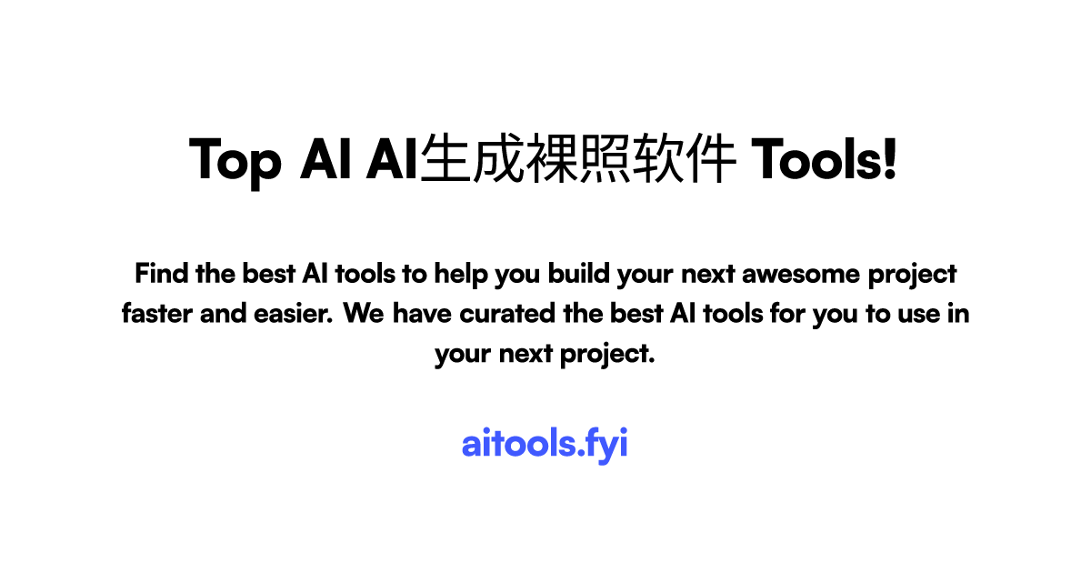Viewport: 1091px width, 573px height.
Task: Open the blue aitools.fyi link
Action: [x=545, y=444]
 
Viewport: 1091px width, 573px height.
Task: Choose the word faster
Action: [x=155, y=314]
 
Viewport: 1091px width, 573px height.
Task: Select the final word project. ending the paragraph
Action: [x=615, y=355]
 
